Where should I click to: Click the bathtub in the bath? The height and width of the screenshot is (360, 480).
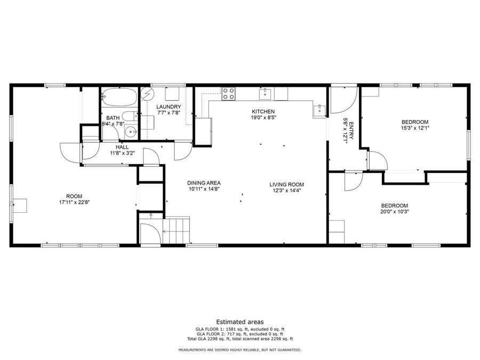tap(119, 97)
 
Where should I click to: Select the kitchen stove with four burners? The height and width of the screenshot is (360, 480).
tap(229, 94)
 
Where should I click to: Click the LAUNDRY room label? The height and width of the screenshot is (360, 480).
tap(169, 107)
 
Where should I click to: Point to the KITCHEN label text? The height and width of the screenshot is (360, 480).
tap(263, 111)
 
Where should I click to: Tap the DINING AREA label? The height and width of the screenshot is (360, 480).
tap(204, 183)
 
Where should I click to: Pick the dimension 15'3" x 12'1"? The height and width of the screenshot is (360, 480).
tap(415, 128)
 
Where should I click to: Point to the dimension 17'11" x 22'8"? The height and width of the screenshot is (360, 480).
tap(74, 202)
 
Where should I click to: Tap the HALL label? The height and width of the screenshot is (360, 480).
tap(122, 147)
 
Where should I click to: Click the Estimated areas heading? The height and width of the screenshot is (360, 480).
tap(239, 322)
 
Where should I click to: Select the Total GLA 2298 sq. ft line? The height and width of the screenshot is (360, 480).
tap(239, 339)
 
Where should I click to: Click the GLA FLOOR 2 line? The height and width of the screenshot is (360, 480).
tap(239, 334)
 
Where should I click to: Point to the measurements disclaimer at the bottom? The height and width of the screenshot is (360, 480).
tap(239, 350)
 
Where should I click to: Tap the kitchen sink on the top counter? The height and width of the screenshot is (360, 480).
tap(266, 94)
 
